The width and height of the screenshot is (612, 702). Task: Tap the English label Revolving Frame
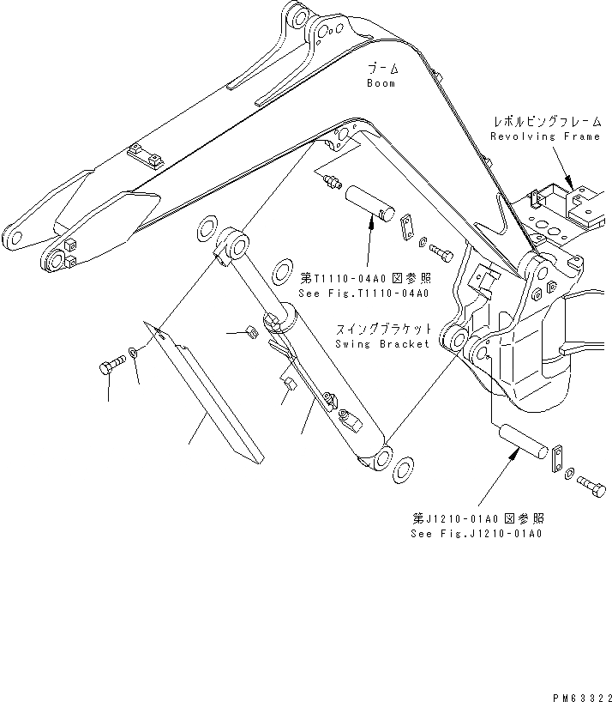545,136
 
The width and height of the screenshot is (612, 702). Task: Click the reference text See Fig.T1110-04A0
363,292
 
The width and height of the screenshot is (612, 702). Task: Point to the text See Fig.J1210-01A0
477,533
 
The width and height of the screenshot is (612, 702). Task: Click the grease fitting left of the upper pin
327,180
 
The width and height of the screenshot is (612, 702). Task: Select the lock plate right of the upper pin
406,227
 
